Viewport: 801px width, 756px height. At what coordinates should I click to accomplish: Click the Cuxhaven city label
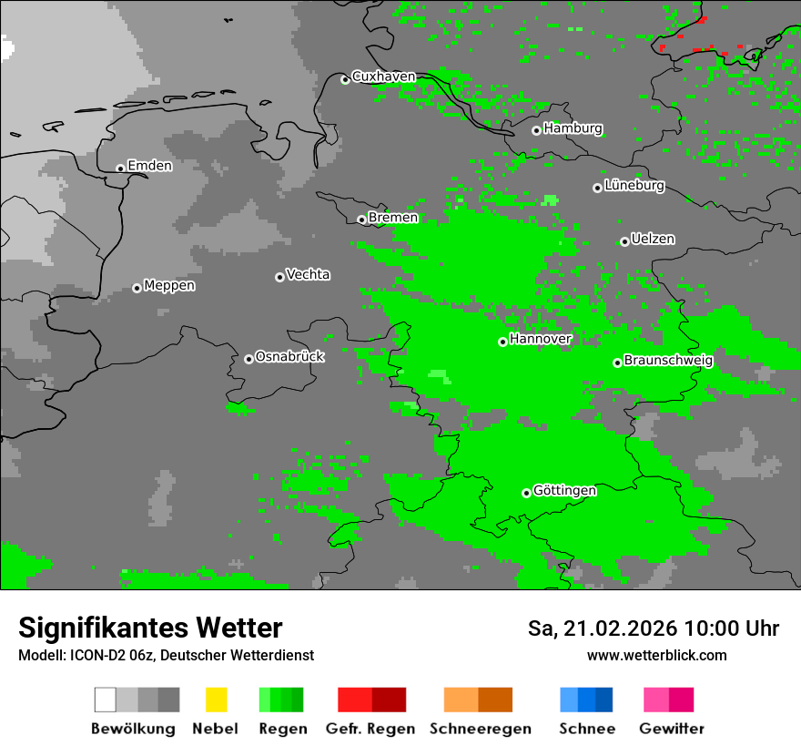click(x=383, y=77)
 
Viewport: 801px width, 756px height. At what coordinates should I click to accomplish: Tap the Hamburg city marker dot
click(x=536, y=130)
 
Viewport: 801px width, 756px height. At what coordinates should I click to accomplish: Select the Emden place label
click(x=149, y=166)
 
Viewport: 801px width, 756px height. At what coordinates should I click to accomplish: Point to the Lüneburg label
click(x=634, y=186)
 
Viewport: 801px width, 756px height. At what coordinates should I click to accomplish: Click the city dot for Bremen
click(x=361, y=220)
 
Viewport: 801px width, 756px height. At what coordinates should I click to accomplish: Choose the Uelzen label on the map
click(x=653, y=240)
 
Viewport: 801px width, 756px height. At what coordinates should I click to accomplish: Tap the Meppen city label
click(x=169, y=286)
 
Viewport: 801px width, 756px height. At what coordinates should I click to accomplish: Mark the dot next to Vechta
click(x=279, y=277)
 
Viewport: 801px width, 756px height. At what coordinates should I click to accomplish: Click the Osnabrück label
click(x=289, y=357)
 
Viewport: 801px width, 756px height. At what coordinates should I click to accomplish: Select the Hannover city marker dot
click(x=502, y=342)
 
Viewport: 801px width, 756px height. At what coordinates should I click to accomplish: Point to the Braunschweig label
click(x=668, y=361)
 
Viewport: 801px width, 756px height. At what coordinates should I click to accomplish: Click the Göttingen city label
click(x=564, y=491)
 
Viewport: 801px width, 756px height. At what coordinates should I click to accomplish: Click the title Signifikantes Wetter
click(x=150, y=628)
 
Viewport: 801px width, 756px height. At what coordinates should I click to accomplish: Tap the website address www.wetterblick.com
click(x=656, y=656)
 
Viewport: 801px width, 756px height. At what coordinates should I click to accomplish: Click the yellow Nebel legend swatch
click(x=216, y=700)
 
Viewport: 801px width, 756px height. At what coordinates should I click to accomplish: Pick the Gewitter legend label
click(x=672, y=729)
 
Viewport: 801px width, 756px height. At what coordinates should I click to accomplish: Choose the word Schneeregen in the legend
click(x=481, y=729)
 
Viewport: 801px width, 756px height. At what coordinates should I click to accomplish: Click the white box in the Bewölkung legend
click(x=105, y=700)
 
